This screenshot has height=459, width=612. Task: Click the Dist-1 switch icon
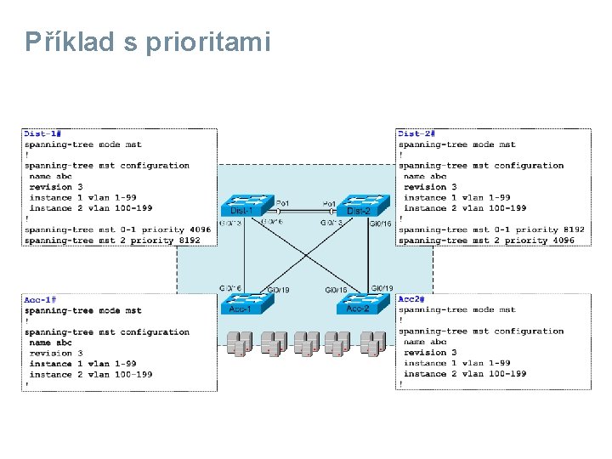coord(246,205)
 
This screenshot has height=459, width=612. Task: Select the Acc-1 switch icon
coord(244,303)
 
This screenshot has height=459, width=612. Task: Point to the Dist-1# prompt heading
coord(42,133)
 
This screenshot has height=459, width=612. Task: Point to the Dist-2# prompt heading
coord(416,133)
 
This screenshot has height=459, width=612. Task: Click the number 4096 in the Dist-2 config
coord(558,241)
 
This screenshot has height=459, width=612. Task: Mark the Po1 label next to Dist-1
coord(283,203)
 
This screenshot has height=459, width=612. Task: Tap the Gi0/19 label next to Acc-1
coord(278,290)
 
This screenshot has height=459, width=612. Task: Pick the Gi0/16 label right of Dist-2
coord(380,224)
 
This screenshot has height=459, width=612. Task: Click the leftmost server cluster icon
coord(240,343)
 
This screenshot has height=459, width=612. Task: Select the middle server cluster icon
coord(305,343)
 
